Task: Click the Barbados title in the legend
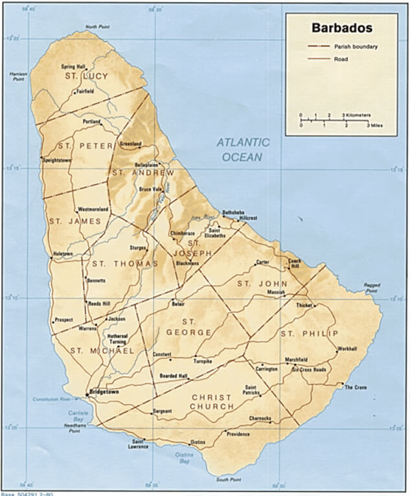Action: pos(342,28)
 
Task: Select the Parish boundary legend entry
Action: pos(356,47)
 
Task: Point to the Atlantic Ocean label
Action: pos(243,150)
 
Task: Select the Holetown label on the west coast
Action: pos(63,253)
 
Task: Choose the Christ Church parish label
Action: pos(212,401)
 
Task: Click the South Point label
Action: pos(228,479)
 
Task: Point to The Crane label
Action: pos(356,387)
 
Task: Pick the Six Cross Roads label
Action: pos(309,369)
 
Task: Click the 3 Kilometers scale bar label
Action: pos(357,115)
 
